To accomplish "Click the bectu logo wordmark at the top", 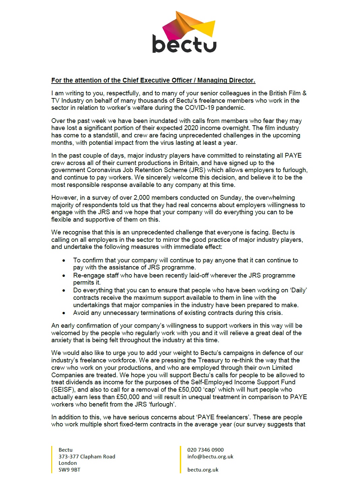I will tap(184, 44).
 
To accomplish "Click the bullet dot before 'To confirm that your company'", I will tap(64, 260).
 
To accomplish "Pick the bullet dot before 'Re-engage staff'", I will tap(64, 276).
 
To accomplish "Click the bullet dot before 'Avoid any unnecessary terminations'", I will tap(64, 313).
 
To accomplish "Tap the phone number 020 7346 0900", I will tap(205, 450).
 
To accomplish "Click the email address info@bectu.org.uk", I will tap(210, 457).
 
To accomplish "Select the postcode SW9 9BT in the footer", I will tap(69, 470).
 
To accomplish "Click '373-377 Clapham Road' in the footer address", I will tap(87, 457).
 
